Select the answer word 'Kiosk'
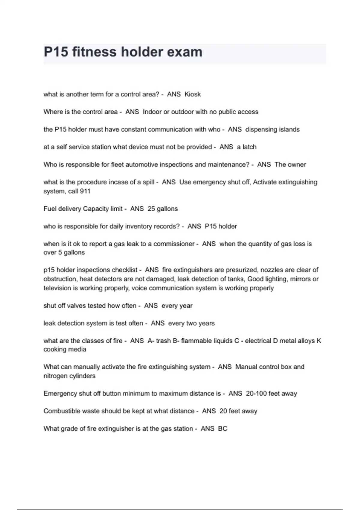pyautogui.click(x=193, y=94)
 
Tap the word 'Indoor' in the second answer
pyautogui.click(x=152, y=112)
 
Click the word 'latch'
pyautogui.click(x=249, y=147)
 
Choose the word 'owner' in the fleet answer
pyautogui.click(x=297, y=164)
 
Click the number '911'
pyautogui.click(x=85, y=191)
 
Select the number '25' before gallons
pyautogui.click(x=151, y=209)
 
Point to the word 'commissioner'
pyautogui.click(x=174, y=244)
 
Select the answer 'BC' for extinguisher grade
pyautogui.click(x=223, y=429)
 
